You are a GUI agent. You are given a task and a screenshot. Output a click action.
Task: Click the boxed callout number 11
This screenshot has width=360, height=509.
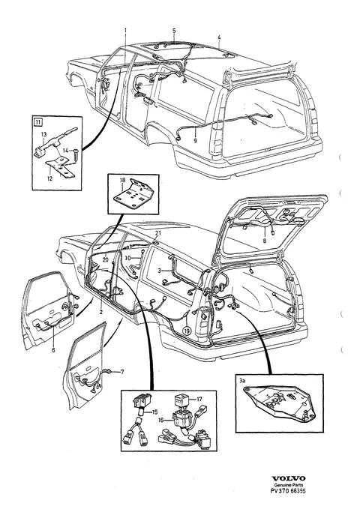coord(38,122)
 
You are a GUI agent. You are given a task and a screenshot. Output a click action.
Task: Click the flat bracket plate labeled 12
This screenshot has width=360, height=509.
coord(61,167)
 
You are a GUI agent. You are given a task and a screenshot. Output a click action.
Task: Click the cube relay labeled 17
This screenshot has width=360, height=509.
coord(180,400)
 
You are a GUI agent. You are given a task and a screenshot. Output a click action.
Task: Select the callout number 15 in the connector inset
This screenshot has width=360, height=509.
coord(154,412)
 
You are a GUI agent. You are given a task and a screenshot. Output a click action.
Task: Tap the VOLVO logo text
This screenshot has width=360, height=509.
coord(289,478)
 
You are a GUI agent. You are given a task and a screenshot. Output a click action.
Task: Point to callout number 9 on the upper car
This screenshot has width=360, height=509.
coord(195,141)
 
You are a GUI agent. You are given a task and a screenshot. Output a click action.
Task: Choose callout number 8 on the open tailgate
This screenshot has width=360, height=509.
coord(265,241)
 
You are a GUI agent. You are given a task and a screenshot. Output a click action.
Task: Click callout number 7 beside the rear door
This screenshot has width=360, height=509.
coord(122,372)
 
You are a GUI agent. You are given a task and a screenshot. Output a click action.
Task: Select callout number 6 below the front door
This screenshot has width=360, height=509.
coord(53,349)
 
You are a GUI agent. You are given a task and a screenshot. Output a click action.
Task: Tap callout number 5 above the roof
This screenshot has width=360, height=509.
coord(174,31)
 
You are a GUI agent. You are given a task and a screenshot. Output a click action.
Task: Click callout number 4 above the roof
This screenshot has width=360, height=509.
coord(219,37)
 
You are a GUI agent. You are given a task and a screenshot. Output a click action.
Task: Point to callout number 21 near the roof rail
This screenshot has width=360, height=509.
coord(158,233)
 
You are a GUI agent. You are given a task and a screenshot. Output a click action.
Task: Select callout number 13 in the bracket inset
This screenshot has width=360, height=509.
coord(43,134)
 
